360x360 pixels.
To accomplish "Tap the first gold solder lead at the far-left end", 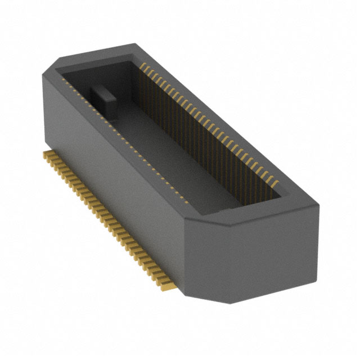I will coord(45,153).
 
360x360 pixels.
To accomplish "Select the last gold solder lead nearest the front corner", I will coord(169,287).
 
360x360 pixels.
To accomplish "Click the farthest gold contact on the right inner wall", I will coord(142,66).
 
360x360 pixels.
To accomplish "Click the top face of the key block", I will coord(102,90).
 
